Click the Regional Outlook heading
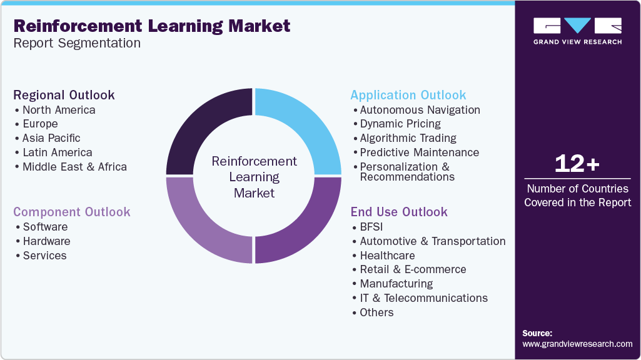(64, 95)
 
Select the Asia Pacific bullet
(51, 138)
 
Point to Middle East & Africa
(74, 167)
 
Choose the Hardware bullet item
(46, 241)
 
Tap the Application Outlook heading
(408, 95)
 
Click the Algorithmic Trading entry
(408, 138)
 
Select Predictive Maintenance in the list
(419, 152)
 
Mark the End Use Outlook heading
(399, 212)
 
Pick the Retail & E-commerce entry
(413, 269)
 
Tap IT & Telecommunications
(423, 298)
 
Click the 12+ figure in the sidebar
(577, 164)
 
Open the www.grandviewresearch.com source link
(577, 344)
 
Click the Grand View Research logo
(577, 30)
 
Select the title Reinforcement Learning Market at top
(152, 26)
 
